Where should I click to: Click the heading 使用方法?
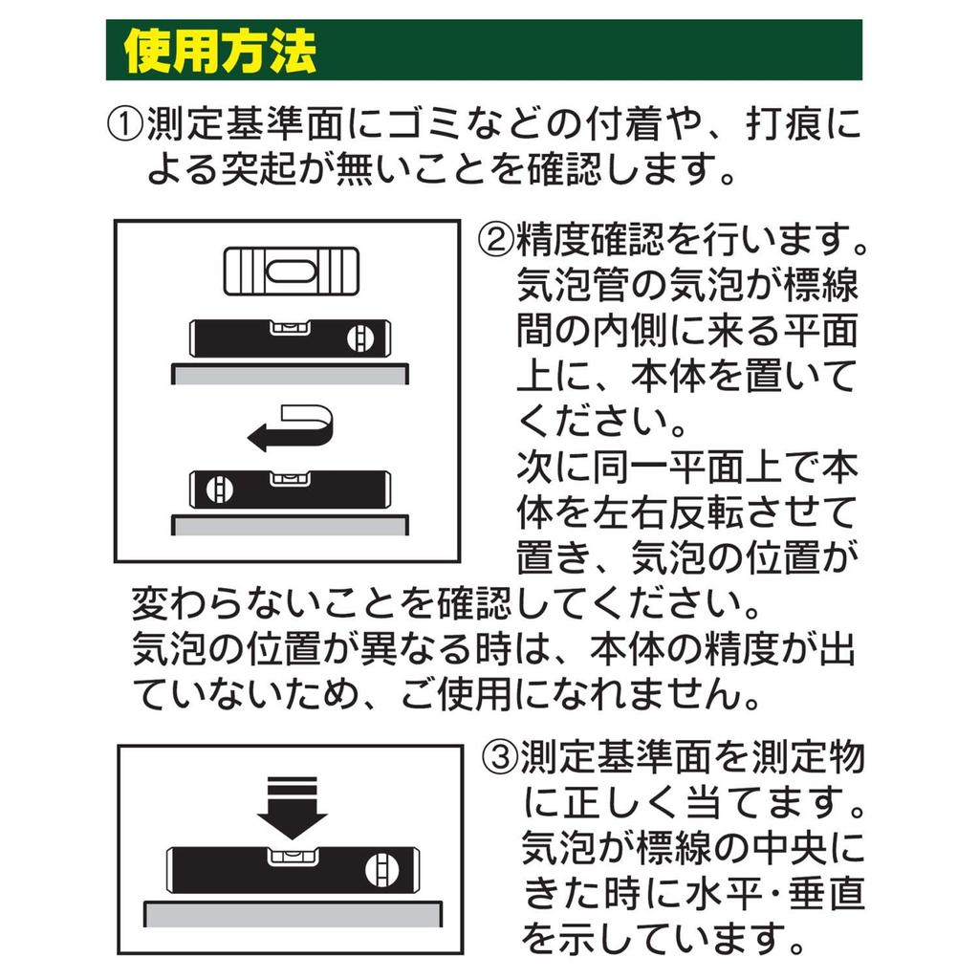[220, 52]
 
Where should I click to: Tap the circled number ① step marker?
[125, 125]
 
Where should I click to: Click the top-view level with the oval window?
[292, 272]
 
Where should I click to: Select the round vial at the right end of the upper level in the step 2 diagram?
[359, 338]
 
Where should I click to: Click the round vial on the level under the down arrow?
[379, 870]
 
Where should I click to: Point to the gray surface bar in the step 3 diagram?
[294, 914]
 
